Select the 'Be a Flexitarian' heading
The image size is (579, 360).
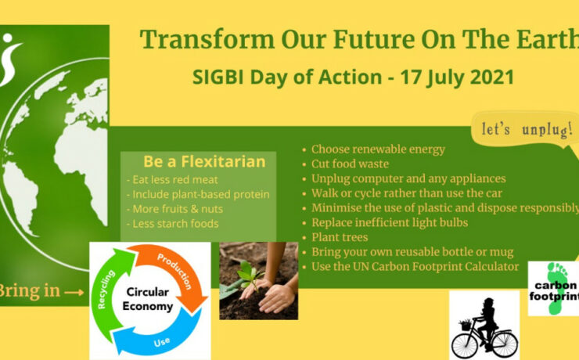204,162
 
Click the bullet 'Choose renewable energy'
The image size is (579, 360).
377,149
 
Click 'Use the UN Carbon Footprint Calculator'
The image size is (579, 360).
415,267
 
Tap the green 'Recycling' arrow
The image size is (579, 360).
110,289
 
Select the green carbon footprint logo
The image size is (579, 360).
554,287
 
